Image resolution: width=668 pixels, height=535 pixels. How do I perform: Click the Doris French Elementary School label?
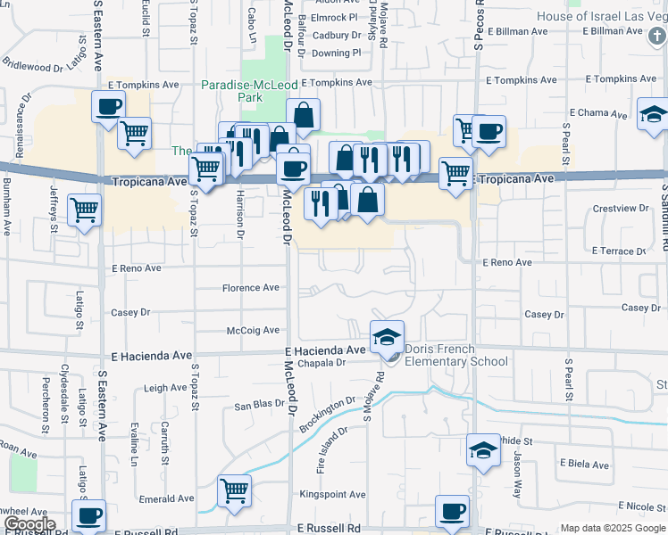click(456, 355)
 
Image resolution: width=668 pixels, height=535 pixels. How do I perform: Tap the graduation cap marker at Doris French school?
click(387, 338)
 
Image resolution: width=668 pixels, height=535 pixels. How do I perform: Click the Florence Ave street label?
click(251, 288)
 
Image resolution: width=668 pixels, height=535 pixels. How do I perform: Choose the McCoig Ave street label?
click(254, 331)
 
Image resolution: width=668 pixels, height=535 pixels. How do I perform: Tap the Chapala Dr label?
click(321, 363)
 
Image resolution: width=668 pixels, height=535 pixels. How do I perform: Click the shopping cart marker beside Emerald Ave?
click(234, 490)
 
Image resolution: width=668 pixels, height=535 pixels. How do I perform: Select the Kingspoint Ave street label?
click(332, 495)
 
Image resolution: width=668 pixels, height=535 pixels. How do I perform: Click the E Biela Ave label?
click(584, 465)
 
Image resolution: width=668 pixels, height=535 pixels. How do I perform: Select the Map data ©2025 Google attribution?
click(613, 528)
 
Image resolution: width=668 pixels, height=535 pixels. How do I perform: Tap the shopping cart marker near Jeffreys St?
click(84, 210)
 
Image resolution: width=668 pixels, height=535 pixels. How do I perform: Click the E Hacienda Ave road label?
click(325, 350)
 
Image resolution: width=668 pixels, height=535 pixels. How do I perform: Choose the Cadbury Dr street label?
click(330, 36)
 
